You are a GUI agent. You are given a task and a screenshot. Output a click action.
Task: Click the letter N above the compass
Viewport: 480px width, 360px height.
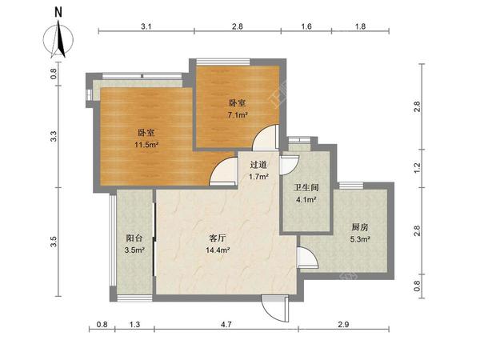[58, 13]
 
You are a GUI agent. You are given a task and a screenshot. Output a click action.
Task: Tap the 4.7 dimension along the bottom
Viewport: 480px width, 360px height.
[226, 324]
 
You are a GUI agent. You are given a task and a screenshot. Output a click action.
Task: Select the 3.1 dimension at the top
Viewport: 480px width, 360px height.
[146, 26]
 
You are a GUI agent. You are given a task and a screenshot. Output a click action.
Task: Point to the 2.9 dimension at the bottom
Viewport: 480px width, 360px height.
[343, 324]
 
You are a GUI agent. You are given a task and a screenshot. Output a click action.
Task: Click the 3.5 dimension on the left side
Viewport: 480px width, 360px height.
[54, 242]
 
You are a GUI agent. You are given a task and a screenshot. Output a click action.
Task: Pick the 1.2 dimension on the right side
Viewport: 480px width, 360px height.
[417, 168]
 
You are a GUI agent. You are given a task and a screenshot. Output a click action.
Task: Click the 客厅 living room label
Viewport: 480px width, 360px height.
[218, 238]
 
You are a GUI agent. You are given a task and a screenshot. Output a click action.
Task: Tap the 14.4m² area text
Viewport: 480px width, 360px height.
[218, 250]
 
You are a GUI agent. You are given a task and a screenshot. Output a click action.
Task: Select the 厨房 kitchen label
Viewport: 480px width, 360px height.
[360, 227]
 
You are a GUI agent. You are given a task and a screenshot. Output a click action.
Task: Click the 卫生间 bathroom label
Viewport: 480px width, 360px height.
[306, 187]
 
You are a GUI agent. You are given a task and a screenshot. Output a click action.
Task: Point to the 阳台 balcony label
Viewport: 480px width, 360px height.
[134, 238]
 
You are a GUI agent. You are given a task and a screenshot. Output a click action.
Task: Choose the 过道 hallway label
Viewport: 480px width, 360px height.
[258, 165]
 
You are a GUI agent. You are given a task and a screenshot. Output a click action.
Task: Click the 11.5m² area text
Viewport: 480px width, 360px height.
[146, 145]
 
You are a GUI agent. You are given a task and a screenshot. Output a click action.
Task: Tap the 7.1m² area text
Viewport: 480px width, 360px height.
[238, 115]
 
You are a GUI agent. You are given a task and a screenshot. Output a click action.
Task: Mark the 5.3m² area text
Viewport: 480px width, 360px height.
[360, 239]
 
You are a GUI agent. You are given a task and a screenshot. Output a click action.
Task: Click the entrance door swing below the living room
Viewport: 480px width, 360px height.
[275, 308]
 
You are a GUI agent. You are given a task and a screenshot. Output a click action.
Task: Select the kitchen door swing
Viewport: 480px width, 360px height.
[307, 255]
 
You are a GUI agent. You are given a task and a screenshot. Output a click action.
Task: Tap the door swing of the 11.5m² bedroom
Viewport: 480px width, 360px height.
[223, 171]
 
